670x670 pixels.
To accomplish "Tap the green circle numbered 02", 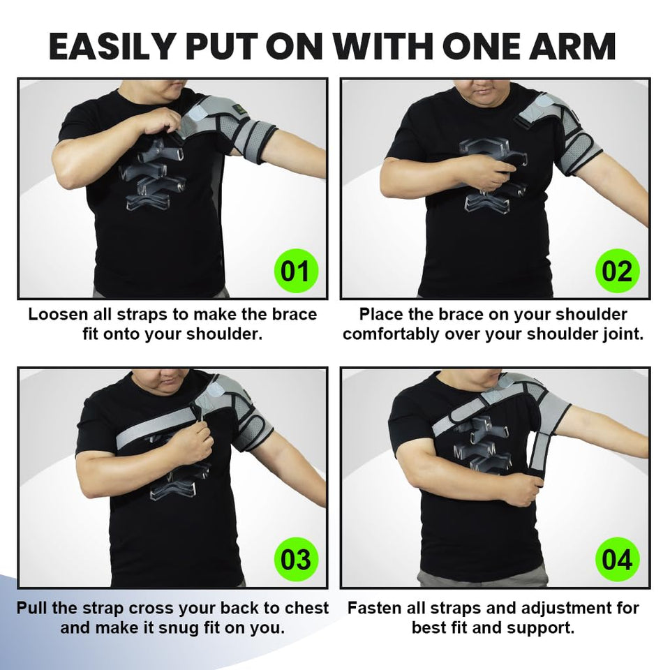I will (x=617, y=270).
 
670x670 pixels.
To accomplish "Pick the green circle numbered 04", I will (x=617, y=560).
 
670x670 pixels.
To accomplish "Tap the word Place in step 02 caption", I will (x=382, y=315).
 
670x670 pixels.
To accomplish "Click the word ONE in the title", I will (x=464, y=47).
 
